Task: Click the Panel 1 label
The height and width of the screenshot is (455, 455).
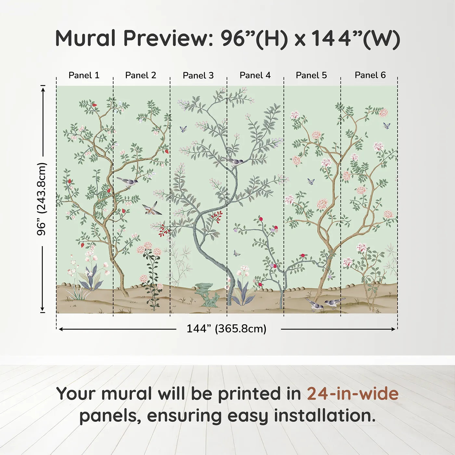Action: (84, 75)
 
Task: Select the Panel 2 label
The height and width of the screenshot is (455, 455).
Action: (140, 75)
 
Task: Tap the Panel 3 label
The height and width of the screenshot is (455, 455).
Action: (198, 75)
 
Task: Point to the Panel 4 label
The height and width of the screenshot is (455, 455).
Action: (255, 75)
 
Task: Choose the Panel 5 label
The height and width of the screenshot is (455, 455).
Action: (311, 75)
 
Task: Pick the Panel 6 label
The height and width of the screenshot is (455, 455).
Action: (370, 75)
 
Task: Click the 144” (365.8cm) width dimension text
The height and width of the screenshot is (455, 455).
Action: (227, 329)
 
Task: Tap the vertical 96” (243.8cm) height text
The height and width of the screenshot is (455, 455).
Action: (42, 199)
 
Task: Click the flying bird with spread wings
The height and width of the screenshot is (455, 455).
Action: (151, 208)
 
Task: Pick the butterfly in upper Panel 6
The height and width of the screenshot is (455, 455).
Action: (386, 126)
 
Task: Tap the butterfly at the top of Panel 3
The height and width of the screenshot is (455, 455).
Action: (183, 129)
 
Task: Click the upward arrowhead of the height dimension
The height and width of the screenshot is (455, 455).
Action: (43, 90)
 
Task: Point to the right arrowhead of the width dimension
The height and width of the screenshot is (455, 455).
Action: (393, 329)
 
